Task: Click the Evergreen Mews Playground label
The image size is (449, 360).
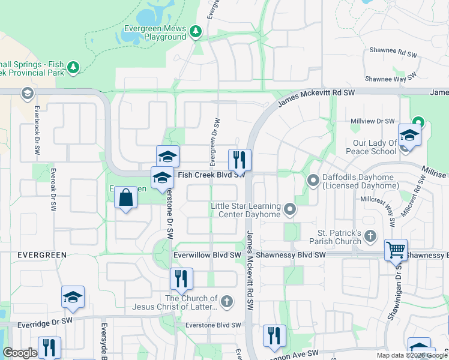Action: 155,32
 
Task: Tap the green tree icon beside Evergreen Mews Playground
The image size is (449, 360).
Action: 195,31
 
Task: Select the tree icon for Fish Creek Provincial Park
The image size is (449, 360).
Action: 73,67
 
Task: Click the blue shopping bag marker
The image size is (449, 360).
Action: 125,197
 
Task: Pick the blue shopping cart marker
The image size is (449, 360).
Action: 396,249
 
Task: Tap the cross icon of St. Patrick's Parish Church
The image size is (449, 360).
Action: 370,236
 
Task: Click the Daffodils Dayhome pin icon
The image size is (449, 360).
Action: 313,179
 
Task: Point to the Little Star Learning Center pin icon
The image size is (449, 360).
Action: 291,209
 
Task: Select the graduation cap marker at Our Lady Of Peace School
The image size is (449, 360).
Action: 409,135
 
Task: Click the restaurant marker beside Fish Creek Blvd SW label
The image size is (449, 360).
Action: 239,160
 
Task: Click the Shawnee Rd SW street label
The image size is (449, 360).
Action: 393,53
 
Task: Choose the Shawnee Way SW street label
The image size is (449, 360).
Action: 391,78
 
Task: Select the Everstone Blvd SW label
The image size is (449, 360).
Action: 215,326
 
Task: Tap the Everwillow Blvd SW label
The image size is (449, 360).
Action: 206,255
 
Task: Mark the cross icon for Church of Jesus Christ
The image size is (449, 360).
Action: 226,301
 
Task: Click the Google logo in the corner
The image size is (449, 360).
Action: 20,353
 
